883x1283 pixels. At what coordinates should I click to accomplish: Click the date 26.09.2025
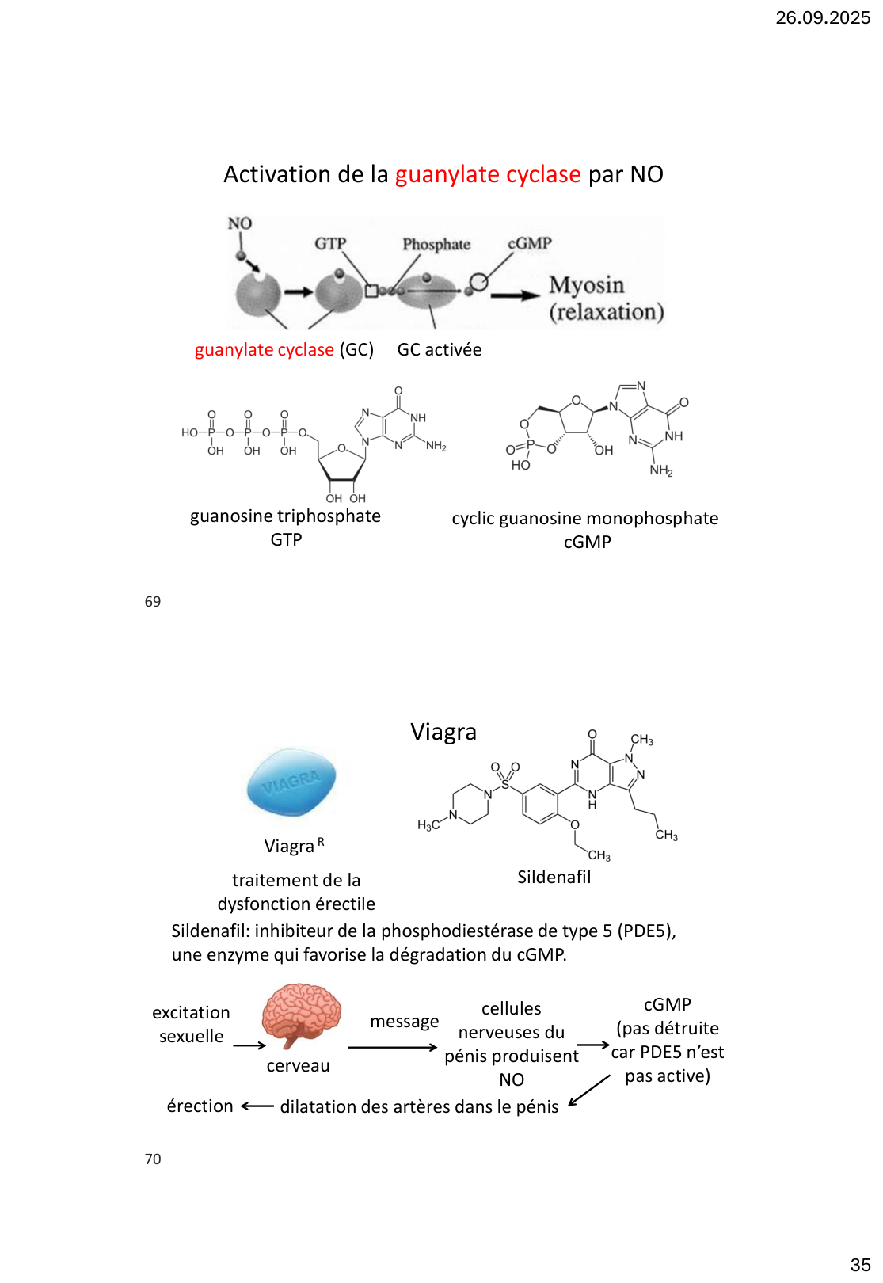(x=822, y=17)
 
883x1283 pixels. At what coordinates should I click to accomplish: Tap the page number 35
(x=860, y=1265)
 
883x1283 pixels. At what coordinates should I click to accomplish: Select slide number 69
(x=153, y=602)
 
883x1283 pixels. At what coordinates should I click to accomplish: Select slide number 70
(x=153, y=1159)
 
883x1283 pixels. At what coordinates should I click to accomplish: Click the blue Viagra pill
(x=291, y=782)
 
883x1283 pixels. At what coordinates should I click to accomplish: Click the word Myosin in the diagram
(x=586, y=285)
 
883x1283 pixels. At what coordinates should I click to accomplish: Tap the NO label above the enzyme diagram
(x=239, y=223)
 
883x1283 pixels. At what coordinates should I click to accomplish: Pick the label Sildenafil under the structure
(x=554, y=878)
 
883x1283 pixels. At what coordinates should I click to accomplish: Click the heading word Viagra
(x=443, y=732)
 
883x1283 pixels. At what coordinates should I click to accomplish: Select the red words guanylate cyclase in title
(x=488, y=174)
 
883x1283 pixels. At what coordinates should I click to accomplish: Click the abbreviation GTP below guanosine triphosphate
(x=286, y=540)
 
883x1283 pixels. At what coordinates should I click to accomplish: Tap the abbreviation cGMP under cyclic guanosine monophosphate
(x=587, y=543)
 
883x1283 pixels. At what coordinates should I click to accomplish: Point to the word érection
(x=200, y=1106)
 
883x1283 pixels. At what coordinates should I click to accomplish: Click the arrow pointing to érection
(x=257, y=1106)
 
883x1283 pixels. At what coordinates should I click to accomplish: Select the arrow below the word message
(x=392, y=1048)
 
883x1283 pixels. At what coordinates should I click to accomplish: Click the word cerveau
(x=298, y=1066)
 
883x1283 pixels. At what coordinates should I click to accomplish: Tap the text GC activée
(x=439, y=350)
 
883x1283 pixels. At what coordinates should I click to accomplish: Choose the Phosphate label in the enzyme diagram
(x=436, y=245)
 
